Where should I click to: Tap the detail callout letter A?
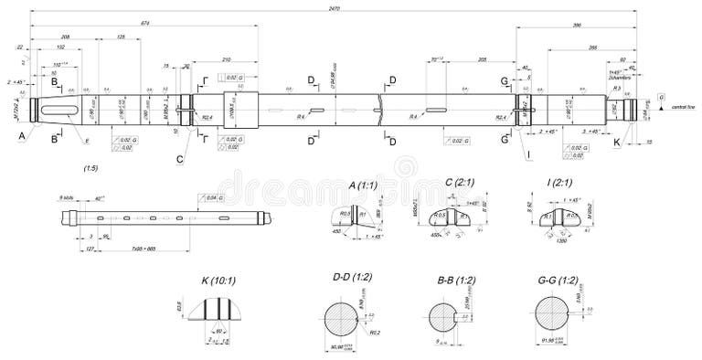(22, 135)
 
